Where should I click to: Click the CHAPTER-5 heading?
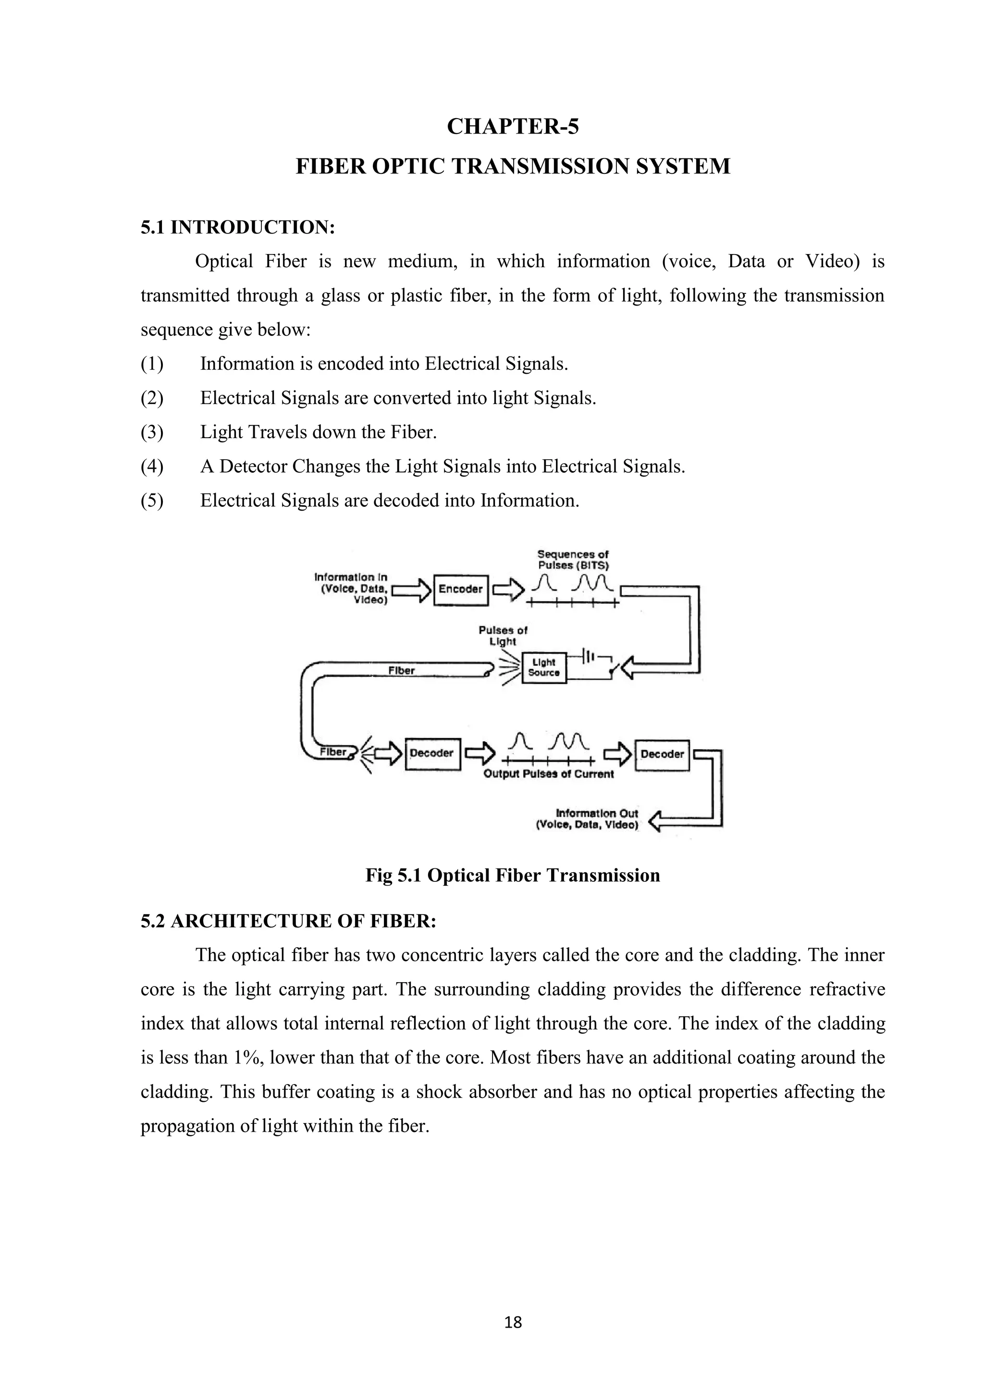tap(513, 127)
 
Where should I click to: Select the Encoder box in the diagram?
tap(460, 589)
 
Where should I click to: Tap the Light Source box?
tap(543, 668)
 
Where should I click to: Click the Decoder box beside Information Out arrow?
tap(662, 754)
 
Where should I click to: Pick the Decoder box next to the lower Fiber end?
tap(432, 753)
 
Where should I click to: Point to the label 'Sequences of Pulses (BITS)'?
tap(573, 559)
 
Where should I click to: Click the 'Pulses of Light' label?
tap(503, 635)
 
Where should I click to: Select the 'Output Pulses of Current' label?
tap(548, 774)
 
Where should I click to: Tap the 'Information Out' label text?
tap(596, 814)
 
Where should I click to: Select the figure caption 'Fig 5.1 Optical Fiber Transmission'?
tap(513, 876)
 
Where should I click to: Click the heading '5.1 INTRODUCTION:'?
tap(238, 228)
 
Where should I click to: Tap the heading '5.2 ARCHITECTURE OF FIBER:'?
tap(288, 921)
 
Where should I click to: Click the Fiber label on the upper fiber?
tap(401, 670)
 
